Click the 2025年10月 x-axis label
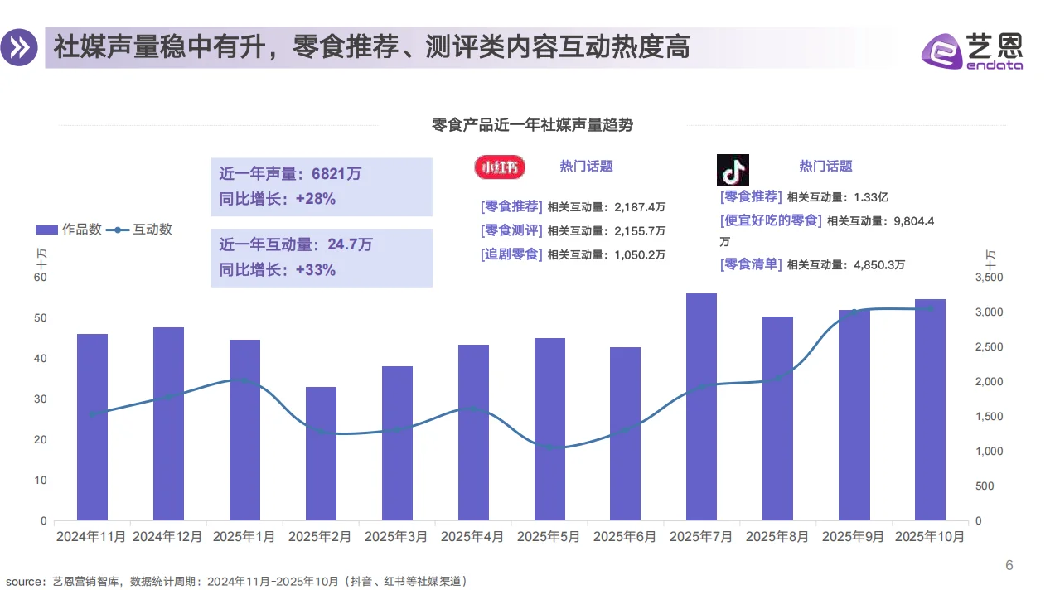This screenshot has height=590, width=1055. pyautogui.click(x=930, y=537)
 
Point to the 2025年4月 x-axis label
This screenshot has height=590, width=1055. pyautogui.click(x=472, y=537)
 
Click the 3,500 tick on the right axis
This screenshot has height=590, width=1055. pyautogui.click(x=988, y=278)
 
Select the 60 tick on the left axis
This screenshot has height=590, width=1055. pyautogui.click(x=41, y=278)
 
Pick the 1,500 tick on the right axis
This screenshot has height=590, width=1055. pyautogui.click(x=988, y=417)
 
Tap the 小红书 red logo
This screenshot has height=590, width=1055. pyautogui.click(x=499, y=167)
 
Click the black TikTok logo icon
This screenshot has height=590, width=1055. pyautogui.click(x=733, y=170)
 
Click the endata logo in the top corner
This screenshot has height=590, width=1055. pyautogui.click(x=971, y=51)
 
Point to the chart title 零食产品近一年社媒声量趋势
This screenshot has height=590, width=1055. pyautogui.click(x=532, y=125)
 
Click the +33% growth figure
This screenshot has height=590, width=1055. pyautogui.click(x=315, y=269)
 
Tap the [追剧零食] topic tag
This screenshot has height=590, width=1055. pyautogui.click(x=511, y=254)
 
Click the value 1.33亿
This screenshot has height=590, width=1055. pyautogui.click(x=871, y=197)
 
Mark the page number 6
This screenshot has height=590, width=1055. pyautogui.click(x=1009, y=566)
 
